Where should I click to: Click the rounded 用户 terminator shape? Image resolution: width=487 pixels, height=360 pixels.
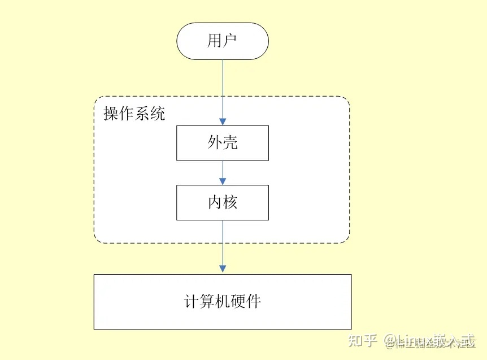pyautogui.click(x=222, y=41)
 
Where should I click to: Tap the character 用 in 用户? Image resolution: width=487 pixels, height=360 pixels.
pyautogui.click(x=215, y=41)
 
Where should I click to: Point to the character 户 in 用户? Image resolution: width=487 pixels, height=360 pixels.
pyautogui.click(x=230, y=41)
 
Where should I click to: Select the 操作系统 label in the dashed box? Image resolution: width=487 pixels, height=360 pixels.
pyautogui.click(x=134, y=114)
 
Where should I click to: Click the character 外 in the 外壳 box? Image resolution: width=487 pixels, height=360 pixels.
pyautogui.click(x=215, y=142)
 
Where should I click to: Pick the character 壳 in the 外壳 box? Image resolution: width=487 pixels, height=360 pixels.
pyautogui.click(x=230, y=142)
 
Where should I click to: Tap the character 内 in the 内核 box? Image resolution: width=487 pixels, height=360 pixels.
pyautogui.click(x=215, y=202)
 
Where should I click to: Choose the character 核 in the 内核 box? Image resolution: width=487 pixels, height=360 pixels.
pyautogui.click(x=230, y=202)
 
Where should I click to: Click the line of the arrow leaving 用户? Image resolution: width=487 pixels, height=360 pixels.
pyautogui.click(x=223, y=85)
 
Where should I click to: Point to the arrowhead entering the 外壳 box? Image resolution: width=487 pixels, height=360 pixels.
pyautogui.click(x=223, y=121)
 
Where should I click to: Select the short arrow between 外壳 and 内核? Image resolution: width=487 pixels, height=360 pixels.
pyautogui.click(x=223, y=172)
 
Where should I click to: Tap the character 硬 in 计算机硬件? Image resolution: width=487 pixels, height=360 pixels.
pyautogui.click(x=238, y=301)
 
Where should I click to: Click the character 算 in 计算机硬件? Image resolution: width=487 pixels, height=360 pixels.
pyautogui.click(x=207, y=301)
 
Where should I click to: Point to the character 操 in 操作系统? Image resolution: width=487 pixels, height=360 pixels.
pyautogui.click(x=111, y=114)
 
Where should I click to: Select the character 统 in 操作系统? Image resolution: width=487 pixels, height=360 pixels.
pyautogui.click(x=158, y=114)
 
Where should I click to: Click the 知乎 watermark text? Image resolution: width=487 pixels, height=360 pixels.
pyautogui.click(x=362, y=341)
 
